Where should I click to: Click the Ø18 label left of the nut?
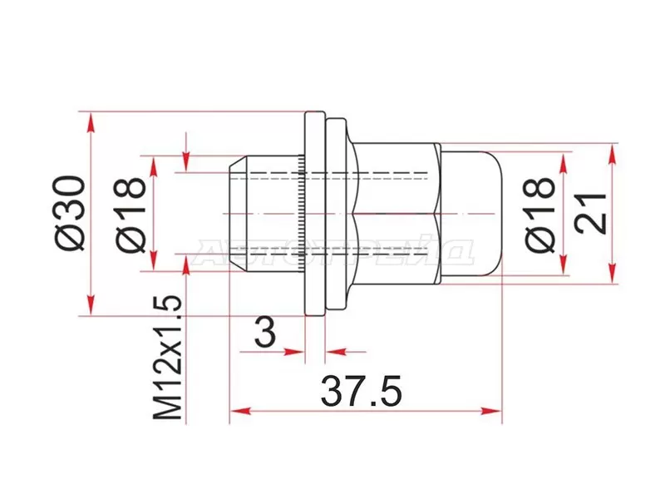pyautogui.click(x=133, y=214)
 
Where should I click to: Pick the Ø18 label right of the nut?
pyautogui.click(x=540, y=214)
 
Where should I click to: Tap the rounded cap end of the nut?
pyautogui.click(x=474, y=214)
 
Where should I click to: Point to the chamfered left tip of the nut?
pyautogui.click(x=238, y=214)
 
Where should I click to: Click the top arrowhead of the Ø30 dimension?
pyautogui.click(x=89, y=119)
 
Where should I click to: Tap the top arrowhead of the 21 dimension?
pyautogui.click(x=613, y=151)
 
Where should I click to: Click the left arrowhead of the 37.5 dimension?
pyautogui.click(x=238, y=410)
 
